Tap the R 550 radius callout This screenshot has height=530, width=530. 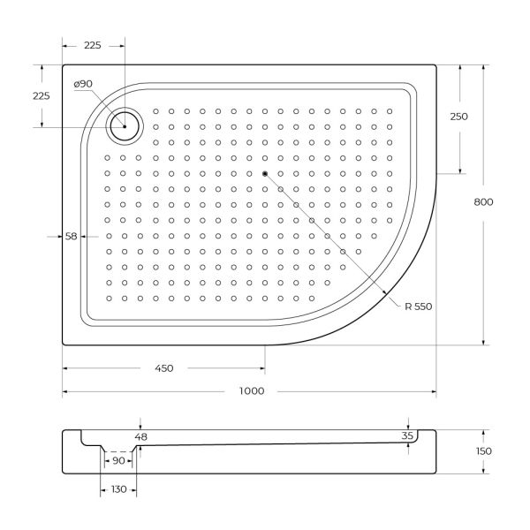(418, 307)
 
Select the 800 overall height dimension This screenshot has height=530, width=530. (483, 201)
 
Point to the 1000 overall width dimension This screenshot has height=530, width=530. (250, 392)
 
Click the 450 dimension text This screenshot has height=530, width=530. (163, 367)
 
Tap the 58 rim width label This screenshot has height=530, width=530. (72, 236)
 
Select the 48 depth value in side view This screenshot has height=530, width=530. (141, 436)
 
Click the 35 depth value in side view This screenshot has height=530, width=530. (407, 436)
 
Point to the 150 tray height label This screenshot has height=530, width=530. (483, 451)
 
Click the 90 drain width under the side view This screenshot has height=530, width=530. (117, 460)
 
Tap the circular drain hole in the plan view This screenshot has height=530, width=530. (124, 127)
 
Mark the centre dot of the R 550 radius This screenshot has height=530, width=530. (264, 172)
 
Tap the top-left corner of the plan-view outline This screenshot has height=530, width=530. (63, 64)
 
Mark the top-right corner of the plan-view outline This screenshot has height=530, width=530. (436, 64)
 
